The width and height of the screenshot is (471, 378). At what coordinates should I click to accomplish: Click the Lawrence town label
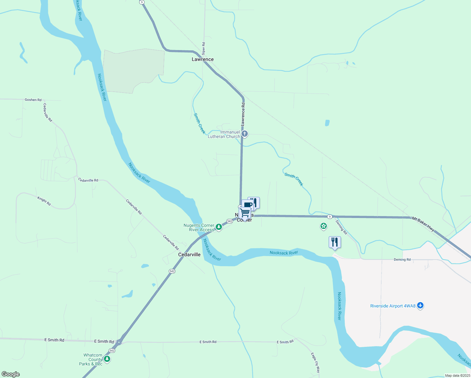[203, 59]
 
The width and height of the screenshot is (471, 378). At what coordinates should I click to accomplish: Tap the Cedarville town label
[189, 255]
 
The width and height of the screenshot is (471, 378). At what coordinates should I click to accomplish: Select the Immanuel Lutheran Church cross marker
[245, 134]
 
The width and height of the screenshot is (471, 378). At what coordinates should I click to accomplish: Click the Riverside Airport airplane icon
[420, 305]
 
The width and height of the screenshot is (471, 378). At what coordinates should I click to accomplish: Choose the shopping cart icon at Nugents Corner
[245, 213]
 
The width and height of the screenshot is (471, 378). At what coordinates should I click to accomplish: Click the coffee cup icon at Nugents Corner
[248, 205]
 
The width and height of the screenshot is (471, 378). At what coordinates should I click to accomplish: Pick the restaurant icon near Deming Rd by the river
[335, 242]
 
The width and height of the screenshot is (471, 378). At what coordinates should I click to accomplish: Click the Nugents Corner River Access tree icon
[218, 227]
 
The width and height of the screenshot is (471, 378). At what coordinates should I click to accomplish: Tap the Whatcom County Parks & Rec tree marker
[107, 359]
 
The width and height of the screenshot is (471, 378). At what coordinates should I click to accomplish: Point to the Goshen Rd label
[33, 100]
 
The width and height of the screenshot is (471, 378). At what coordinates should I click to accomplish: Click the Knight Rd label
[44, 201]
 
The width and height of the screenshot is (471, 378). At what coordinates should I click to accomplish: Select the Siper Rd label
[204, 48]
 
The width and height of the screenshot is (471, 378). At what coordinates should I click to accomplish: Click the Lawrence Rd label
[243, 114]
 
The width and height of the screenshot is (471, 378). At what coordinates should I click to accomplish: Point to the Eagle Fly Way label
[315, 363]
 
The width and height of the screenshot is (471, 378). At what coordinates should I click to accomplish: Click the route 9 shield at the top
[142, 2]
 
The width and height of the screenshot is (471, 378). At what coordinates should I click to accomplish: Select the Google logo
[11, 374]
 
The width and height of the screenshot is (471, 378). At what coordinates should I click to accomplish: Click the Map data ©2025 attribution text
[457, 375]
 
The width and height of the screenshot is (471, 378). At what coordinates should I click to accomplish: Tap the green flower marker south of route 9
[323, 226]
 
